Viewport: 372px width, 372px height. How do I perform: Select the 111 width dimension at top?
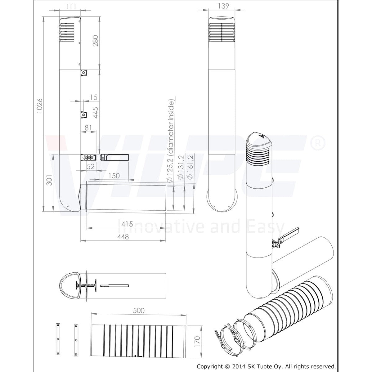click(71, 6)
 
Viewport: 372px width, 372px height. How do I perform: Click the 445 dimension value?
click(95, 113)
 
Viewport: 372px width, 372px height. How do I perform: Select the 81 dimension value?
click(88, 127)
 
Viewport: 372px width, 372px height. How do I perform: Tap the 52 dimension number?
click(91, 166)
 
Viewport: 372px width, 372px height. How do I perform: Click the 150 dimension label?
click(114, 175)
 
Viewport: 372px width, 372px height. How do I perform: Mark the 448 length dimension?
click(123, 236)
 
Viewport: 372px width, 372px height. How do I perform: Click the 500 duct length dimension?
click(138, 310)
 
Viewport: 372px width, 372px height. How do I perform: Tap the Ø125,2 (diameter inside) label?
click(171, 141)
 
